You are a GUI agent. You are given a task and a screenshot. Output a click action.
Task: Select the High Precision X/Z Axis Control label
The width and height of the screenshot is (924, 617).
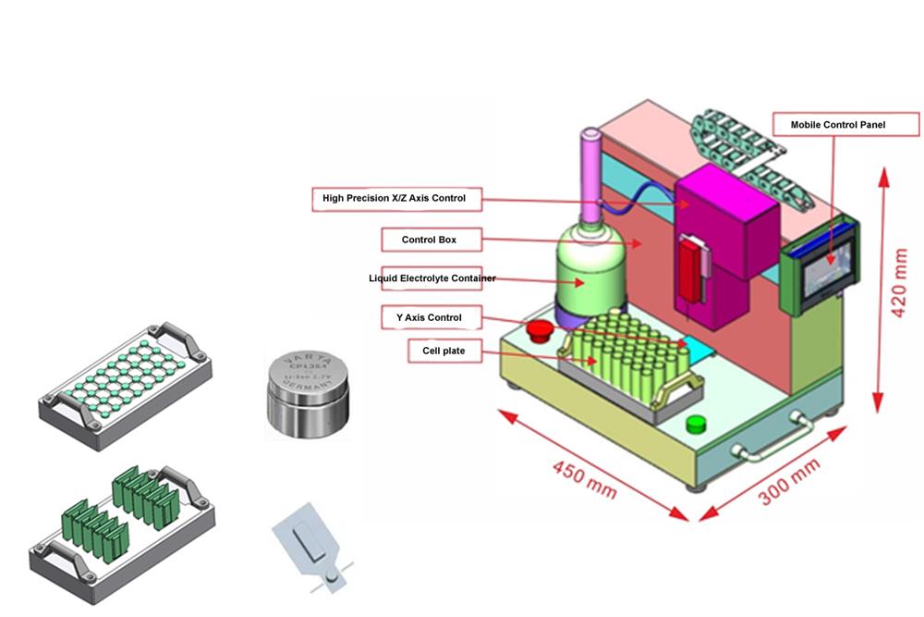click(394, 198)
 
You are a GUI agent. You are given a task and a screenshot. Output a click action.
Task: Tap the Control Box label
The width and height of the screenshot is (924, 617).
click(429, 240)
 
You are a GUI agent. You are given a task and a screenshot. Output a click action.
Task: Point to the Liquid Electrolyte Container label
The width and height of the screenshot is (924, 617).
click(432, 278)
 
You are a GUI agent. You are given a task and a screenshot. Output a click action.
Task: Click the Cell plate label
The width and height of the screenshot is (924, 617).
click(439, 352)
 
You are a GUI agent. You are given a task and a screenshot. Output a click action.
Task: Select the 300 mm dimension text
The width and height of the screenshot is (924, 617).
click(789, 482)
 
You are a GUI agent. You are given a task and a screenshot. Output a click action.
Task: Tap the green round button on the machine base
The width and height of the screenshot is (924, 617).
click(696, 424)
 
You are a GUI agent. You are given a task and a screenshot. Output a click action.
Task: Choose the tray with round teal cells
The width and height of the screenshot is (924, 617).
click(125, 381)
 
